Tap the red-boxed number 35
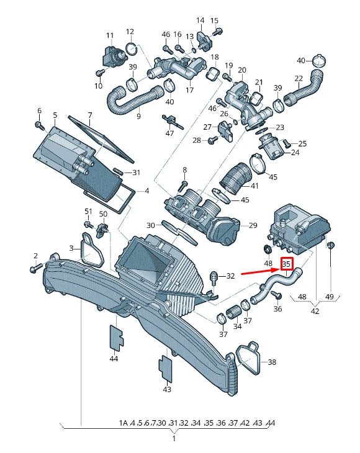click(286, 264)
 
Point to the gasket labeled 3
click(91, 249)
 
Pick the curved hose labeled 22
click(307, 86)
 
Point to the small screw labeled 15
click(221, 30)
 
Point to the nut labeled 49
click(330, 246)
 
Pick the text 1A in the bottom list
click(123, 423)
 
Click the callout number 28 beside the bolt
click(196, 141)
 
